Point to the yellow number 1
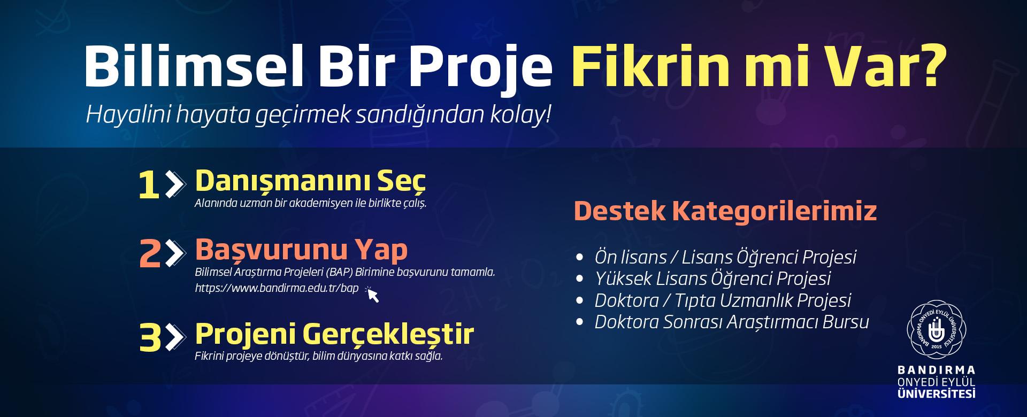tap(149, 186)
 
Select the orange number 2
tap(150, 254)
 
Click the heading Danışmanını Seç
tap(310, 181)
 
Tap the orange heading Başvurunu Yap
tap(301, 250)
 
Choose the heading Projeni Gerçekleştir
tap(334, 334)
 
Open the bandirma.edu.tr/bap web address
tap(277, 288)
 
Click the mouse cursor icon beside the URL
tap(372, 294)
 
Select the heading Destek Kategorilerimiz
tap(725, 211)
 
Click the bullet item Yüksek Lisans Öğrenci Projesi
tap(712, 279)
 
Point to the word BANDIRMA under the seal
tap(936, 370)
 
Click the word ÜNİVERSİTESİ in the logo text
tap(936, 394)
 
